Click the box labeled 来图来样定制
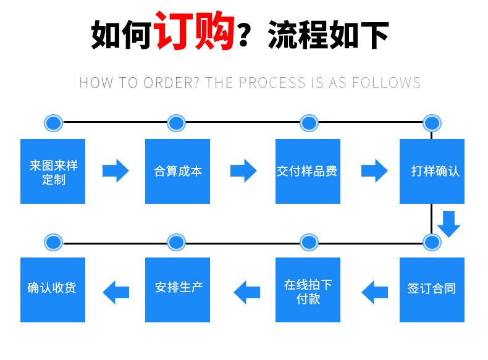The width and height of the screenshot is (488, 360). click(53, 171)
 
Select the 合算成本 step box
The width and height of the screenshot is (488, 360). click(177, 171)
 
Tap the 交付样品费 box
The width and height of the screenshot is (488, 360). click(308, 171)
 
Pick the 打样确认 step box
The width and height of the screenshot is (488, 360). click(431, 171)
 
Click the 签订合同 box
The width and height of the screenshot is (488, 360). click(431, 289)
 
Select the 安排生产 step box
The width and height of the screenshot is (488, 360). click(177, 289)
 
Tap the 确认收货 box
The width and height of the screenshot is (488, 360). click(53, 289)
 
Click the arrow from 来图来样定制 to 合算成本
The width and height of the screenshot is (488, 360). click(115, 170)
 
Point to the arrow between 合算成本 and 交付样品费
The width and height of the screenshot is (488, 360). click(243, 170)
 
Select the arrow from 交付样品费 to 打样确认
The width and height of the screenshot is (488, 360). click(374, 170)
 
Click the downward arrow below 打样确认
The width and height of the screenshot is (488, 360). click(449, 224)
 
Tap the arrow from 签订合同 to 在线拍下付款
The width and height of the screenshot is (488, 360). click(374, 290)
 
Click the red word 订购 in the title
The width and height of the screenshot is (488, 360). click(195, 31)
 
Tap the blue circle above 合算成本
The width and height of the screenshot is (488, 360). click(176, 122)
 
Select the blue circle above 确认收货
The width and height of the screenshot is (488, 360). click(53, 241)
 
